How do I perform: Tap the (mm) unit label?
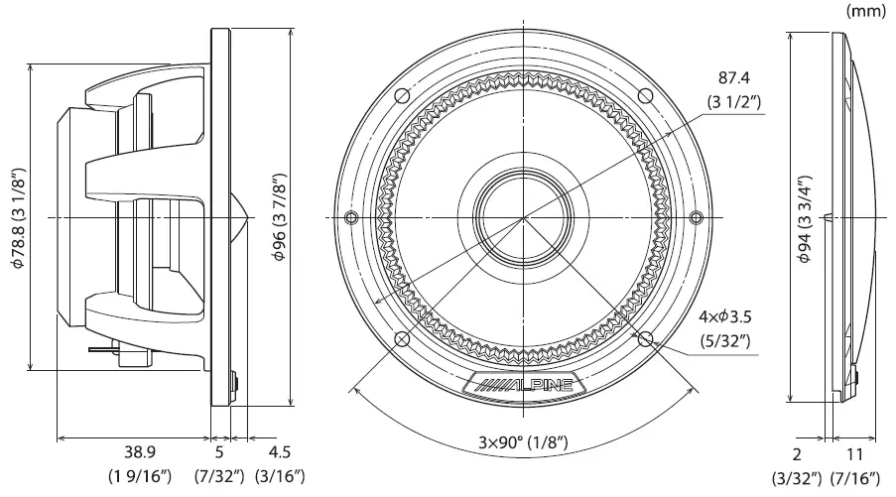tap(867, 11)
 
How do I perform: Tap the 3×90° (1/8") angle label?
tap(524, 441)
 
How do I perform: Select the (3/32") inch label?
tap(798, 480)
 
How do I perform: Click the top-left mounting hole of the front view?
tap(402, 96)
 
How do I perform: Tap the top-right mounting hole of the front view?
tap(646, 96)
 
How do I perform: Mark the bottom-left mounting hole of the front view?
tap(402, 339)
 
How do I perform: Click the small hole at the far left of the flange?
tap(350, 218)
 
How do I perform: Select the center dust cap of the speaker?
tap(523, 217)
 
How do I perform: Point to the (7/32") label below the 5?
tap(218, 476)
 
